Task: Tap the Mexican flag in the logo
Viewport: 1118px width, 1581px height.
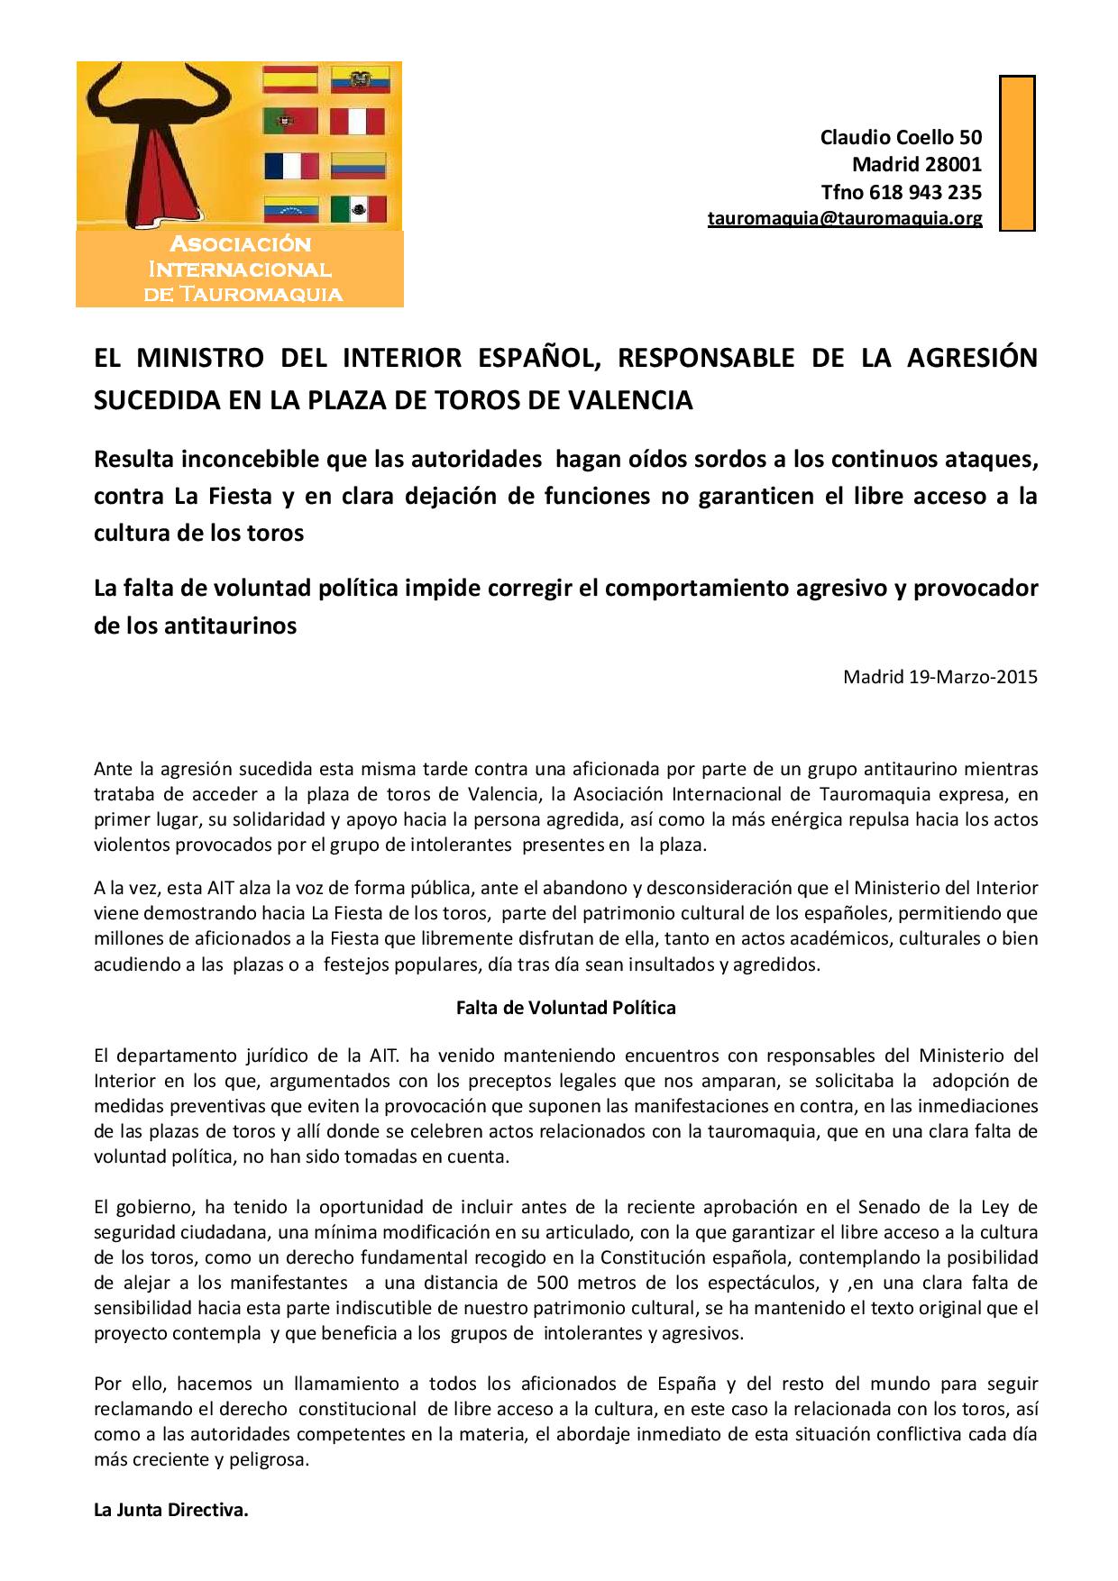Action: [358, 209]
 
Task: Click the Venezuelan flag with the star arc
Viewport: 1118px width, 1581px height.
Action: [290, 209]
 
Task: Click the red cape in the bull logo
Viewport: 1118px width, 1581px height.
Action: [158, 171]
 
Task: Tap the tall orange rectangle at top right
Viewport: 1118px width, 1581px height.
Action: [1017, 153]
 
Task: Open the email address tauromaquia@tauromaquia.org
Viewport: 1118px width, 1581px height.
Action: [845, 218]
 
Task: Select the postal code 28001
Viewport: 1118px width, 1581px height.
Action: [954, 165]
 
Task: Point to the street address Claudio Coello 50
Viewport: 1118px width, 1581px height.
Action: [901, 137]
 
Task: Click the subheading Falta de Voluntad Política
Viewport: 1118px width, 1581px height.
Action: [566, 1008]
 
